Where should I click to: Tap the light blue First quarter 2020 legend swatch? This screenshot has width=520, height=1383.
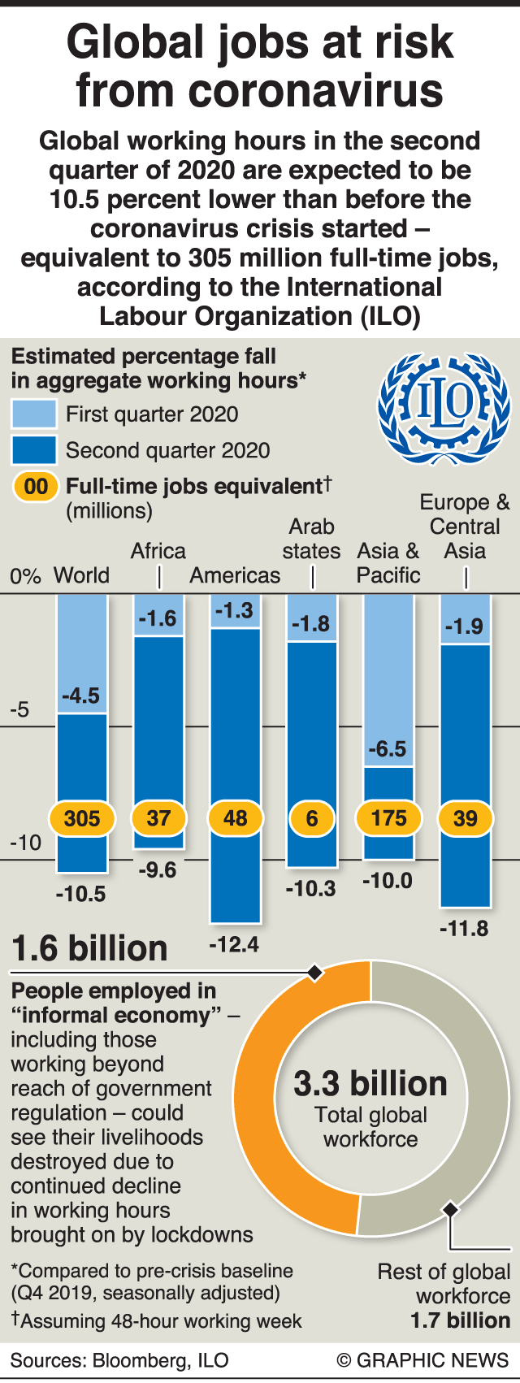coord(33,414)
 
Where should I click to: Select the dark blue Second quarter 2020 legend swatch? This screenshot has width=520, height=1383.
coord(33,450)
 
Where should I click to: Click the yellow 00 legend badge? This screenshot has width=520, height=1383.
coord(36,487)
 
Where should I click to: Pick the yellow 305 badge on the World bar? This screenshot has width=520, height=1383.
coord(81,818)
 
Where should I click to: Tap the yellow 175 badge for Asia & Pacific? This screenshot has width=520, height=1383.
coord(388,818)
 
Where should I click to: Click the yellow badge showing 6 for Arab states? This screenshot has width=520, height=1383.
coord(311,818)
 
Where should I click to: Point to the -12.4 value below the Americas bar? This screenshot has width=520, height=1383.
coord(234,944)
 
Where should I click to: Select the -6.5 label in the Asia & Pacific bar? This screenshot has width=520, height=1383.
coord(388,748)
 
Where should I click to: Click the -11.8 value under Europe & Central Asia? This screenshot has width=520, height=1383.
coord(464,928)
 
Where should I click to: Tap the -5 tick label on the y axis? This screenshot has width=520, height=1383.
coord(19,709)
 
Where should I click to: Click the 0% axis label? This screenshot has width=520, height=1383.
coord(25,576)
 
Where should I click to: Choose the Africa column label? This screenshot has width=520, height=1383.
coord(158,551)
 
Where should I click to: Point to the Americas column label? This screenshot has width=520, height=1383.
coord(235,575)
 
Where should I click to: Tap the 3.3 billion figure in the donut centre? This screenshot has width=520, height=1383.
coord(370,1083)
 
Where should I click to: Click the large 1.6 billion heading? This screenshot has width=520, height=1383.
coord(89,948)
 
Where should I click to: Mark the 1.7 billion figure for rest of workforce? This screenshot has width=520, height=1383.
coord(460,1320)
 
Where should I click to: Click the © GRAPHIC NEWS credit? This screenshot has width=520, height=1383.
coord(422,1360)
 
